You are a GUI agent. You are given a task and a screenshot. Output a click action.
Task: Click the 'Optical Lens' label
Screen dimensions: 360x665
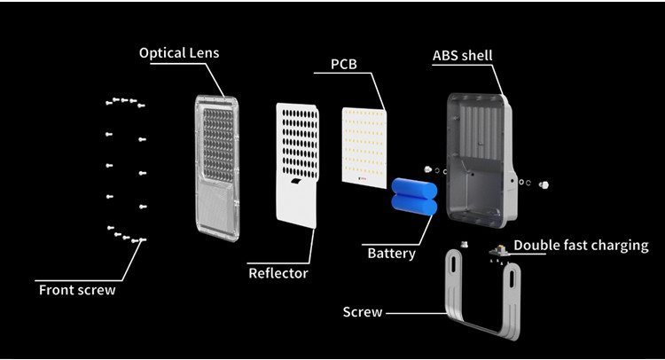[179, 53]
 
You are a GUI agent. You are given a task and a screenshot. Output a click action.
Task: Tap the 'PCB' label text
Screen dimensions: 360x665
[345, 64]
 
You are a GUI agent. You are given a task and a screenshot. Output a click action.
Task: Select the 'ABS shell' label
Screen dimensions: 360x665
[462, 56]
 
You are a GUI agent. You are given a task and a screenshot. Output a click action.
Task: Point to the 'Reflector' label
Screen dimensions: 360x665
[278, 273]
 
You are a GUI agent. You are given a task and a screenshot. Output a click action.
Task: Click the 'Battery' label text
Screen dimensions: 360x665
[391, 254]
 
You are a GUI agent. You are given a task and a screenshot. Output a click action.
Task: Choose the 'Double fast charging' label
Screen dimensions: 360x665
[581, 245]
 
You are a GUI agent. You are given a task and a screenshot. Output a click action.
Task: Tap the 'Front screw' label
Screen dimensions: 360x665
[76, 289]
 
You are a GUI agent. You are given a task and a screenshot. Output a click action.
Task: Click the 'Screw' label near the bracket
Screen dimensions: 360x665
[363, 311]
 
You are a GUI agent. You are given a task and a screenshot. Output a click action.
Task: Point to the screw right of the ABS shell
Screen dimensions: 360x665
[544, 184]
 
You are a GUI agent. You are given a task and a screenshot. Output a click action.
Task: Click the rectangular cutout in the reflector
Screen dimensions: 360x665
[294, 181]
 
